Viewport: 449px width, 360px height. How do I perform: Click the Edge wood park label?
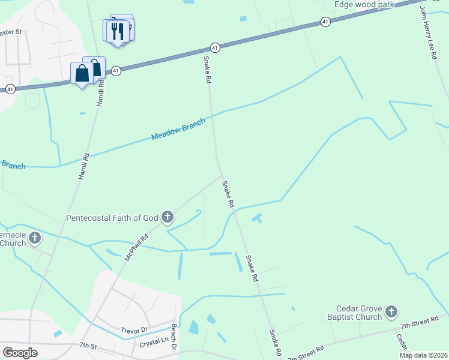pyautogui.click(x=364, y=5)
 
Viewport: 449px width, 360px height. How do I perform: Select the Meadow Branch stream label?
pyautogui.click(x=178, y=129)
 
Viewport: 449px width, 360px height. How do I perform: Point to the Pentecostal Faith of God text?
pyautogui.click(x=113, y=217)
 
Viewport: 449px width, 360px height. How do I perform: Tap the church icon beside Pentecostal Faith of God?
pyautogui.click(x=167, y=216)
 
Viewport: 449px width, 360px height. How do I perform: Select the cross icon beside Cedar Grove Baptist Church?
pyautogui.click(x=391, y=311)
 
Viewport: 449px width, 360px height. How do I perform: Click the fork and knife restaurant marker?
pyautogui.click(x=116, y=31)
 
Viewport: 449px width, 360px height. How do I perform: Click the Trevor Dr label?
pyautogui.click(x=134, y=330)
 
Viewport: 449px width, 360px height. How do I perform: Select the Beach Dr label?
pyautogui.click(x=174, y=338)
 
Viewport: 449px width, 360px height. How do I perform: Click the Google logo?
pyautogui.click(x=20, y=353)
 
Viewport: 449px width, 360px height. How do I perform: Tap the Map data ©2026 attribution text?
pyautogui.click(x=423, y=355)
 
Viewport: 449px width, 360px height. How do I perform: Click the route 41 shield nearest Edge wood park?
pyautogui.click(x=325, y=22)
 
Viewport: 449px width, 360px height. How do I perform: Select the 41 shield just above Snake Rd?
pyautogui.click(x=214, y=47)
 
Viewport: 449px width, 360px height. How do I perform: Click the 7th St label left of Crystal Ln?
pyautogui.click(x=88, y=346)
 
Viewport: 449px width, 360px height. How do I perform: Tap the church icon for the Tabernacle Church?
pyautogui.click(x=35, y=238)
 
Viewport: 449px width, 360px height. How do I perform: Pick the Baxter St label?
pyautogui.click(x=11, y=31)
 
